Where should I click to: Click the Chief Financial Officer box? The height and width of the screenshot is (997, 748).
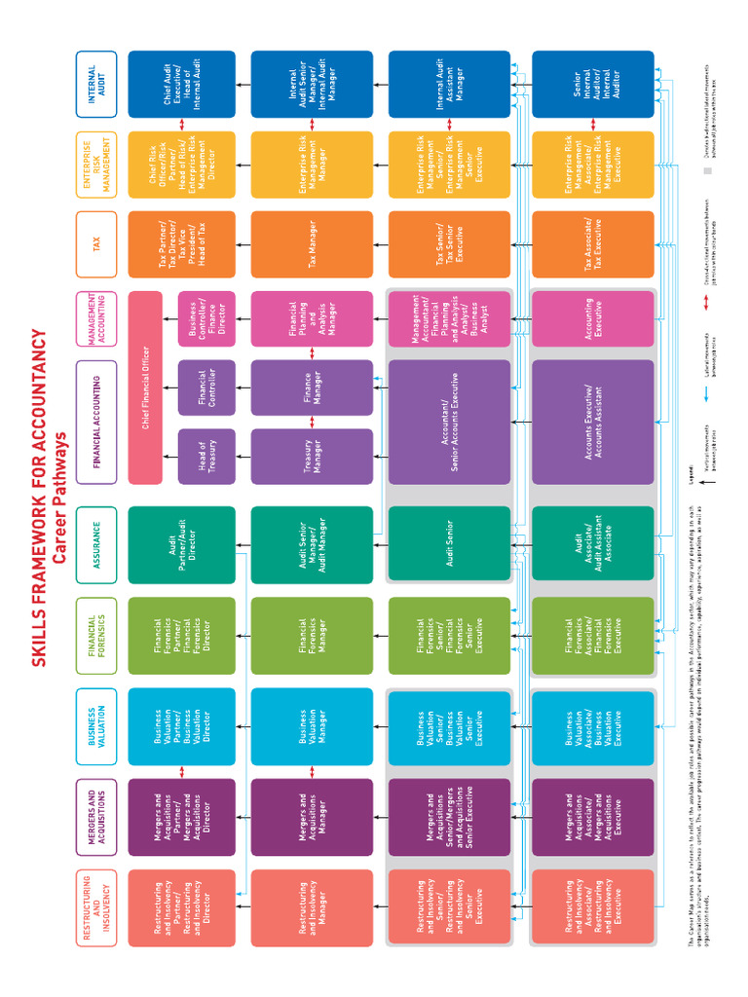pos(145,387)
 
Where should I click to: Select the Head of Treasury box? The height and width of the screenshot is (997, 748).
pos(206,456)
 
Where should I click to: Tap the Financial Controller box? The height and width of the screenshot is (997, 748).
pos(206,387)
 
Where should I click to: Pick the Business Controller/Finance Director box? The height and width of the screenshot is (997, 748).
pos(206,318)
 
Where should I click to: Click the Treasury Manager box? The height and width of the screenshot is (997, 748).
pos(312,456)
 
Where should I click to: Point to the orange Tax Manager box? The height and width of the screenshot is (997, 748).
pos(312,244)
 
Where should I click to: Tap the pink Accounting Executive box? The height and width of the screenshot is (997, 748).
pos(592,318)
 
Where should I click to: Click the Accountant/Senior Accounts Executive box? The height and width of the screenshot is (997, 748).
pos(449,422)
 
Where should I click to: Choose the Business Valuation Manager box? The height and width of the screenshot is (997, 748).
pos(312,725)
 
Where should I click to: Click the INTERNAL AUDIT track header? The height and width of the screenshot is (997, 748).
pos(95,85)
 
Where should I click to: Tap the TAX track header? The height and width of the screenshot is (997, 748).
pos(95,244)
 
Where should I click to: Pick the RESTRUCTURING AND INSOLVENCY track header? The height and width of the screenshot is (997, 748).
pos(95,907)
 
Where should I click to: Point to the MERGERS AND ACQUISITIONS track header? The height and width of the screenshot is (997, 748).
pos(95,817)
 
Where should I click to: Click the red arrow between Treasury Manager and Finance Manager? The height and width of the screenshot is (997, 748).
pos(312,422)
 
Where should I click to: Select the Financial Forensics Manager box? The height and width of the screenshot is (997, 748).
pos(312,635)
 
